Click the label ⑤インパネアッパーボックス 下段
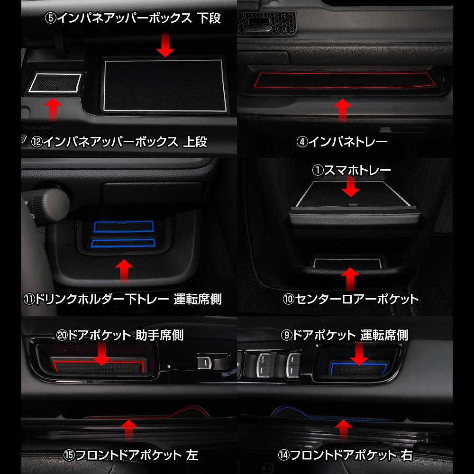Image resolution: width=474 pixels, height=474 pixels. (x=133, y=18)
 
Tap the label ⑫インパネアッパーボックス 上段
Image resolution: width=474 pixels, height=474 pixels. (x=119, y=142)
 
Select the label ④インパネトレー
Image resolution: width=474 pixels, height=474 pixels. (x=342, y=141)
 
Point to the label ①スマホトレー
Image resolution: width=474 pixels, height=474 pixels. (x=351, y=170)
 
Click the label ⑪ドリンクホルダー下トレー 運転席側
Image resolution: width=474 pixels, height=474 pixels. (x=122, y=299)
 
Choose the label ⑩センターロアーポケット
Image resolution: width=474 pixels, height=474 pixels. (x=351, y=299)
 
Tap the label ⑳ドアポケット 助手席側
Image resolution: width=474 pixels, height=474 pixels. (x=120, y=335)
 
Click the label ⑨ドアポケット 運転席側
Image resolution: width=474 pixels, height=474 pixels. (x=345, y=335)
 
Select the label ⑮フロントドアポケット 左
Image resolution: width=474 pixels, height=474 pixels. (x=131, y=455)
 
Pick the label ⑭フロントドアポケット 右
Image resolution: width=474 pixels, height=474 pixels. (x=345, y=455)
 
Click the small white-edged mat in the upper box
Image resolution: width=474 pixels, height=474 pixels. (x=55, y=82)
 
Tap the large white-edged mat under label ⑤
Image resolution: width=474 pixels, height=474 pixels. (x=164, y=85)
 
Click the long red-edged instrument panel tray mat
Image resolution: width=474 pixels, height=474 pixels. (x=345, y=80)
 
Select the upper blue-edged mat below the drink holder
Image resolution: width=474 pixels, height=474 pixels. (x=124, y=227)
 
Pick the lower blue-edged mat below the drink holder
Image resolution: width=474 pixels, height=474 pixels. (x=123, y=243)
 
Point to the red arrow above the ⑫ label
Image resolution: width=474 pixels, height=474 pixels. (x=53, y=109)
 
